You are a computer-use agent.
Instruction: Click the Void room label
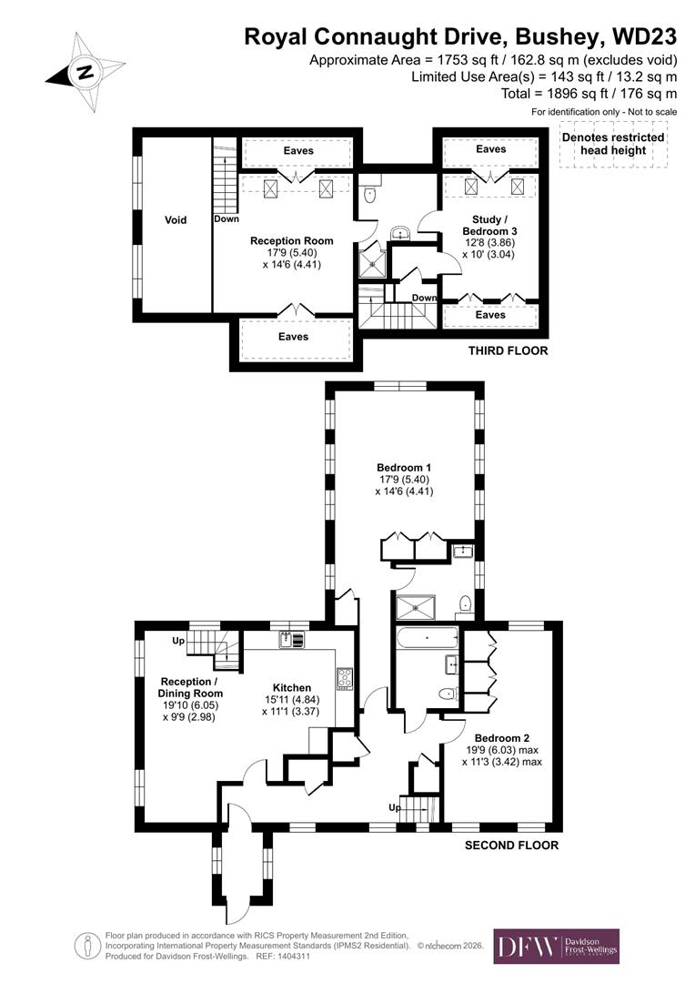click(x=175, y=220)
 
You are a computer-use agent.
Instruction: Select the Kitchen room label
click(x=292, y=688)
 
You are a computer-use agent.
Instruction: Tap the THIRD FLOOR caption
click(x=508, y=350)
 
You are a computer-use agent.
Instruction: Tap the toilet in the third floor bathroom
click(x=368, y=195)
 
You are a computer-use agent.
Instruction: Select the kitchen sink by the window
click(x=292, y=639)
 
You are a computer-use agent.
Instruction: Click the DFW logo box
click(x=556, y=947)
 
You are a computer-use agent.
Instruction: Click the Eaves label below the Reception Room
click(x=294, y=337)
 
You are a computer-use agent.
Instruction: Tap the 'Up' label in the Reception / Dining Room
click(x=178, y=641)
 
